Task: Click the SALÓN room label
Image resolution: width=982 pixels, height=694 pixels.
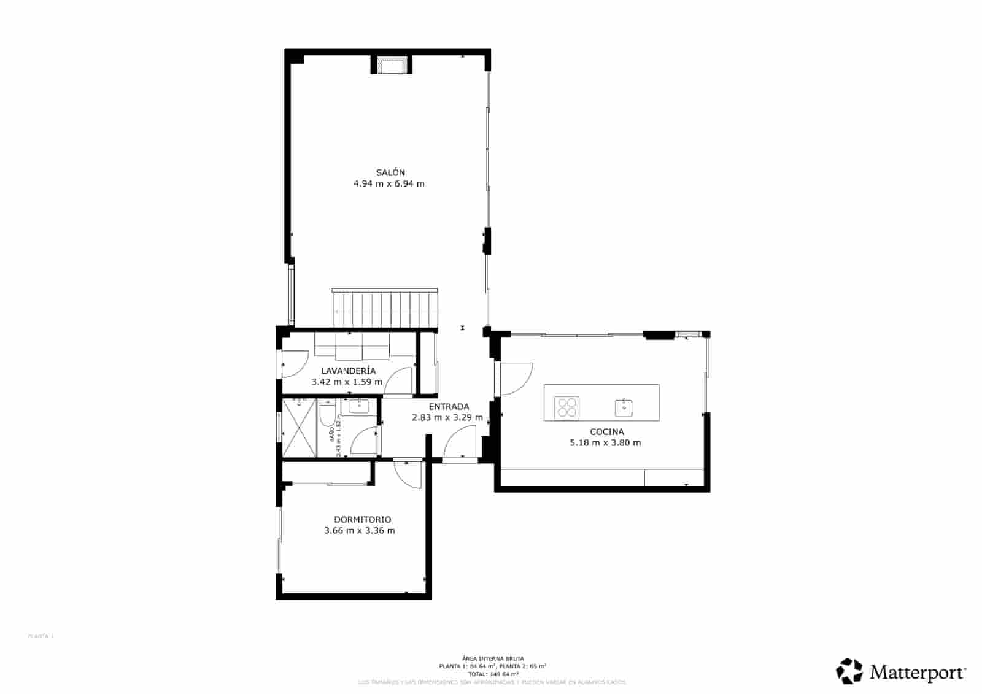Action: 390,172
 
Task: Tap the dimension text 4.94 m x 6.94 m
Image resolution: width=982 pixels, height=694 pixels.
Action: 389,183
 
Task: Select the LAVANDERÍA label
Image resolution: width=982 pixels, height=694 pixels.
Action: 348,371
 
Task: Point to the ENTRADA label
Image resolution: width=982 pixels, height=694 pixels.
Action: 449,406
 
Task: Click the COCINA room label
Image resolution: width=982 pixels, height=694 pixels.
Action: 606,431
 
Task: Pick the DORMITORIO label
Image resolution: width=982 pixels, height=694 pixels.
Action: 362,520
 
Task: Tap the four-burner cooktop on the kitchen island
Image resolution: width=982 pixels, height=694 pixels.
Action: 566,407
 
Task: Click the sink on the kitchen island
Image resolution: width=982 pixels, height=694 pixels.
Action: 624,407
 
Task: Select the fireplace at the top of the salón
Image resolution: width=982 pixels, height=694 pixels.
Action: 391,65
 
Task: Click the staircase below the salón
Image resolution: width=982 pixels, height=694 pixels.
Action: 386,309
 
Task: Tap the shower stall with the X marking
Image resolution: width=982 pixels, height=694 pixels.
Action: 299,428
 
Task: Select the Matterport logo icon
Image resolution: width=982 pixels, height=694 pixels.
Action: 850,671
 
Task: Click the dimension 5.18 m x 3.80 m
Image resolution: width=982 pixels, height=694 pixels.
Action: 605,442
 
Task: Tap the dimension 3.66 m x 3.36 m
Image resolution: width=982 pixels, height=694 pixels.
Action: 359,531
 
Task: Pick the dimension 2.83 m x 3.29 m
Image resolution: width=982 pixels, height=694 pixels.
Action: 447,417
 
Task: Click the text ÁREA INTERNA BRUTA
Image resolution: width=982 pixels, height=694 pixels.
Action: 493,658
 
